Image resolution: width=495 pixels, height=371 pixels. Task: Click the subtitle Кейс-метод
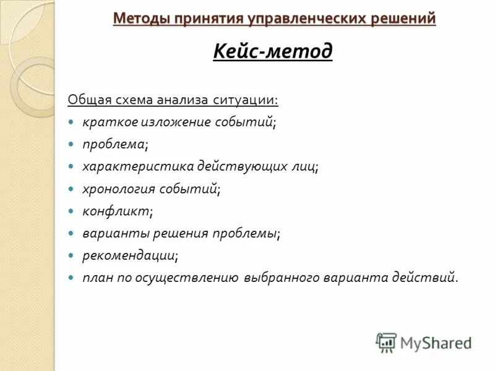pos(273,51)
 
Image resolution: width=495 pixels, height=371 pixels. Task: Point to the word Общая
pos(88,100)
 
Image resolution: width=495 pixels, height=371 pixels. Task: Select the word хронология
pos(119,189)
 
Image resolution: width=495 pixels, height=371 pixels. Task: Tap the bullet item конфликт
pos(117,211)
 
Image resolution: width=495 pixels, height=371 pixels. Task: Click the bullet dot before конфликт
pos(72,211)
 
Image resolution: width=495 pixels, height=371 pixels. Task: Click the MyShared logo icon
pos(386,343)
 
